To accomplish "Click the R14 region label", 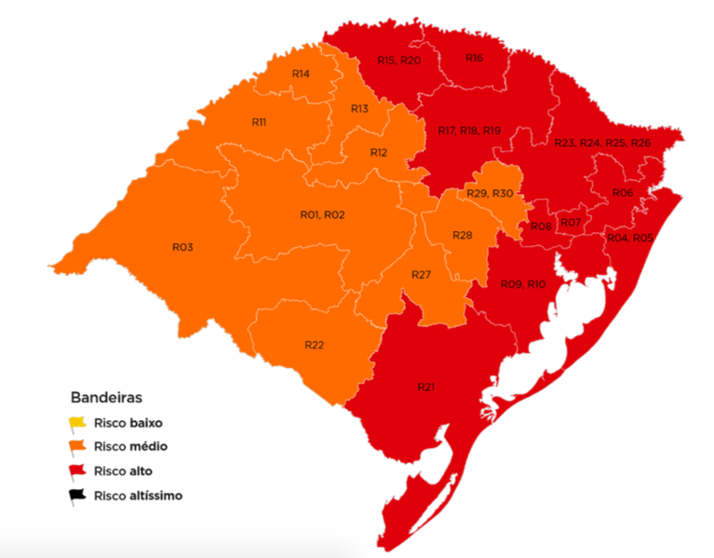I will point(301,74).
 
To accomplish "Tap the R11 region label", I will point(260,122).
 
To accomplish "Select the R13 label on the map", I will point(359,109).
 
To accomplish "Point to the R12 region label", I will point(378,152).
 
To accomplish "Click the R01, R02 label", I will point(322,215).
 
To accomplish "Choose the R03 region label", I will point(182,247).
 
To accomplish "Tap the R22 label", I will point(314,345).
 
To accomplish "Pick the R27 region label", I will point(421,275).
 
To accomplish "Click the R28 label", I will point(463,235).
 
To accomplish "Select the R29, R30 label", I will point(490,193).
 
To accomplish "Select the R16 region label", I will point(474,58).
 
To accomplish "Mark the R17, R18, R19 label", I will point(469,130).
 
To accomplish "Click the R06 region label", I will point(623,192).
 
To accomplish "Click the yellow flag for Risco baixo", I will point(76,423).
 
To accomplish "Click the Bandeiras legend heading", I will point(105,396).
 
